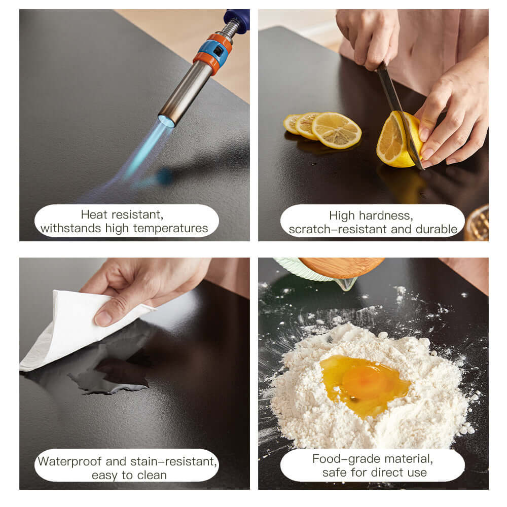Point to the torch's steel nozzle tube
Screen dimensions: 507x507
click(186, 93)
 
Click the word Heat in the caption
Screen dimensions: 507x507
click(94, 214)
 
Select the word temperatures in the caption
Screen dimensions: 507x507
click(170, 229)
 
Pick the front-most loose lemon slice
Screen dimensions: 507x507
click(337, 131)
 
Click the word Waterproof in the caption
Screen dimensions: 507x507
click(69, 462)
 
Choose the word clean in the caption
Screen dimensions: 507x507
click(152, 476)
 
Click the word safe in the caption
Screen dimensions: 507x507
click(335, 473)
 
